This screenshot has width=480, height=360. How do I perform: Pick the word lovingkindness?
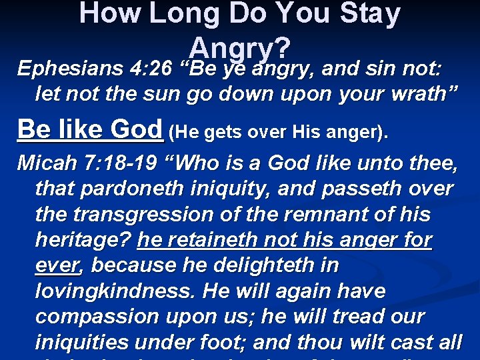tap(117, 291)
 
